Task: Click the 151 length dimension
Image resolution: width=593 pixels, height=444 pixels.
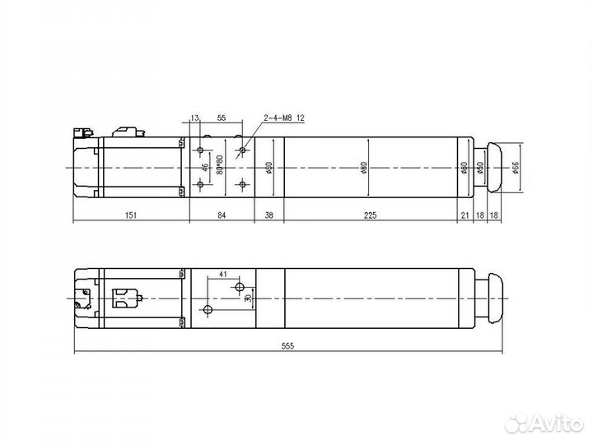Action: point(131,215)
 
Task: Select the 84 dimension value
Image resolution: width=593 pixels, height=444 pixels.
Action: point(222,215)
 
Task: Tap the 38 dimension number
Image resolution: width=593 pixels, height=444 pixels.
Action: point(268,215)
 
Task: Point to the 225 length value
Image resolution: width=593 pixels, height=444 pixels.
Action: point(370,215)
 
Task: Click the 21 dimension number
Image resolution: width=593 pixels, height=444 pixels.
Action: point(465,215)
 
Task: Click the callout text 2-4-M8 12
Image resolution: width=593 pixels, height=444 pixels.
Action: point(284,118)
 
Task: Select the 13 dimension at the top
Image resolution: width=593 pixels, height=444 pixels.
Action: point(194,118)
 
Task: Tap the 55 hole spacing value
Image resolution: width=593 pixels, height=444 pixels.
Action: point(221,118)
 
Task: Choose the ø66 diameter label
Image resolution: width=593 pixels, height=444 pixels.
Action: point(516,168)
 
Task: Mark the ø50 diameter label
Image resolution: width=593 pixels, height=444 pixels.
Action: point(479,168)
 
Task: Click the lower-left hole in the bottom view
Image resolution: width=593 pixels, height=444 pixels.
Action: point(208,310)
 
